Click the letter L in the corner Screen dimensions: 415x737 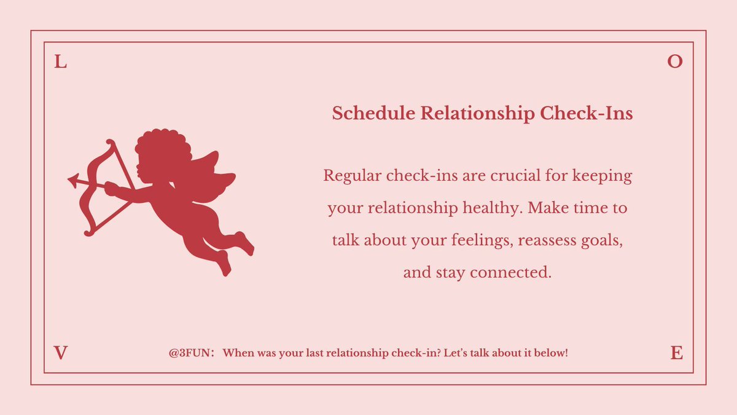click(60, 61)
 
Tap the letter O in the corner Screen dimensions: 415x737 click(675, 61)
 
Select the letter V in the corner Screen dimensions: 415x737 click(60, 353)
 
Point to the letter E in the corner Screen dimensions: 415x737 click(676, 353)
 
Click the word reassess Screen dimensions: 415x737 click(550, 240)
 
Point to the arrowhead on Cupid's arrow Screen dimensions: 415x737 click(74, 180)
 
